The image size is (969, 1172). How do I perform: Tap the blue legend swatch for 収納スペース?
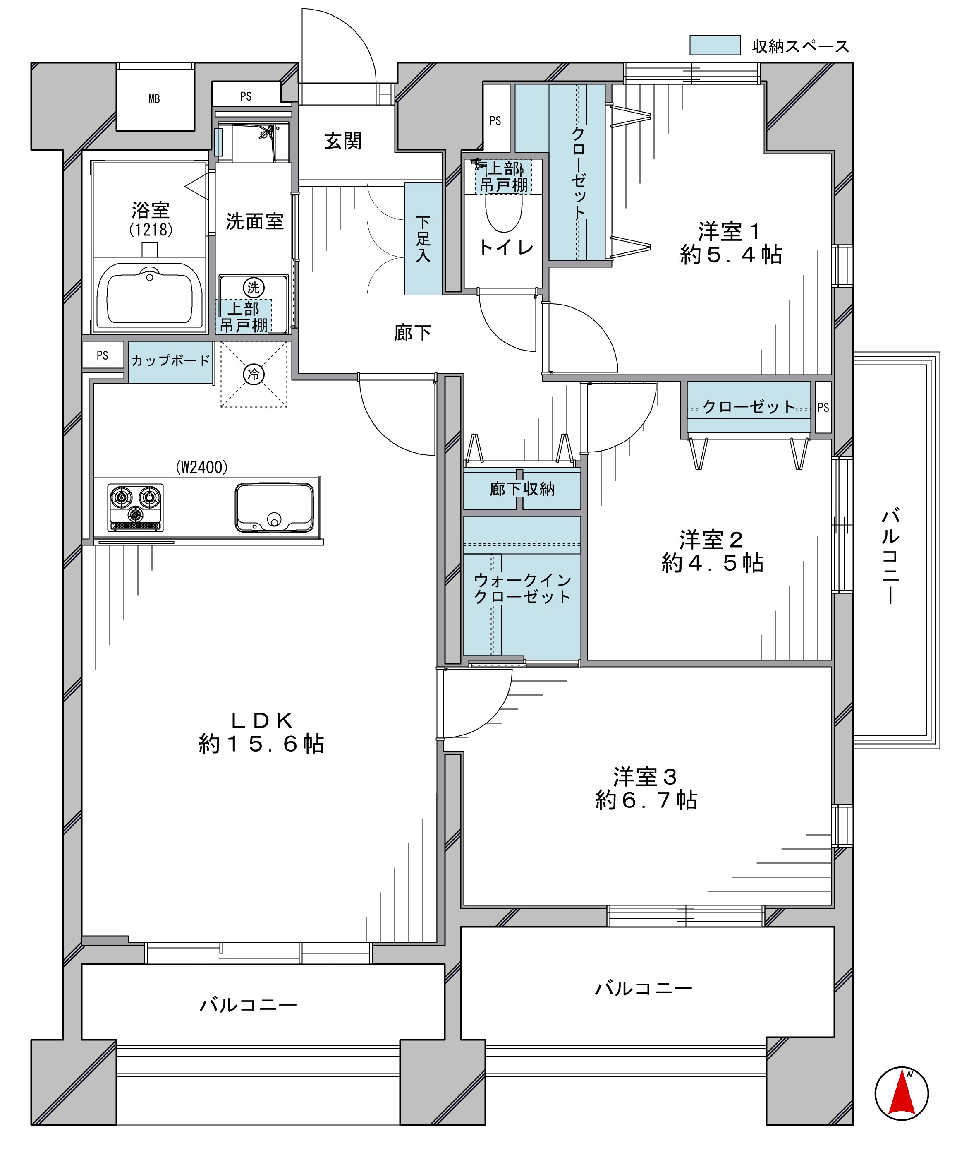(x=715, y=45)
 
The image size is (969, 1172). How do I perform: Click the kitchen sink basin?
(x=274, y=507)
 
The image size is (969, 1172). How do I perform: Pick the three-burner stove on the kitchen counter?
(x=136, y=507)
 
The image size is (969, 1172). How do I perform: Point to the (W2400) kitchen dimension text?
(x=202, y=467)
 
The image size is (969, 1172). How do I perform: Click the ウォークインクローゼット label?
(x=522, y=588)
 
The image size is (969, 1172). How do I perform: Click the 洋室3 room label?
(x=646, y=776)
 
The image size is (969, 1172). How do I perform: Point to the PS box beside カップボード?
(x=103, y=355)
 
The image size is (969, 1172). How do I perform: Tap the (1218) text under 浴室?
(x=151, y=229)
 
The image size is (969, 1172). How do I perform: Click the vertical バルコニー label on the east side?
(x=890, y=556)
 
